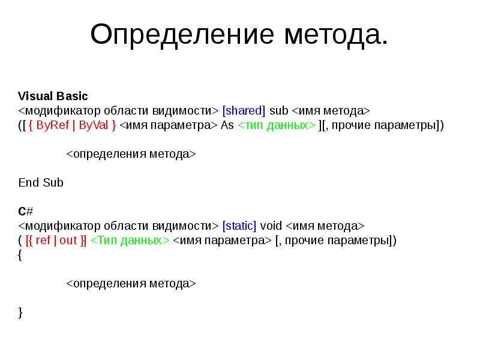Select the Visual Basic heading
point(53,96)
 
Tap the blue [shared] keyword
point(244,111)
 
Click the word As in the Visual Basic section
point(227,125)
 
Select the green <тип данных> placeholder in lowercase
point(277,125)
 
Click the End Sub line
point(41,182)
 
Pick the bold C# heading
point(25,211)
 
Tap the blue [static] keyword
point(239,226)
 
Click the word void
point(271,226)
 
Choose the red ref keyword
point(43,241)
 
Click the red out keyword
point(68,241)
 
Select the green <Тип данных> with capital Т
point(130,241)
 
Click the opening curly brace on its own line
point(20,255)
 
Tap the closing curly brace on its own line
point(20,312)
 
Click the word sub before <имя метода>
point(279,111)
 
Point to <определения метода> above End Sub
point(131,154)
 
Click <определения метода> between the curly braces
point(131,283)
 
